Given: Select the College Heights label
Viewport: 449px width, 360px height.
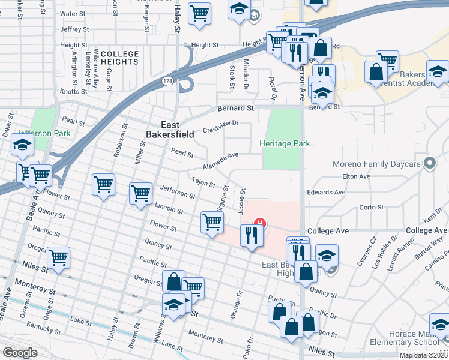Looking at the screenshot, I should point(119,58).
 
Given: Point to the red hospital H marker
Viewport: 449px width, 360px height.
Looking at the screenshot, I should point(259,224).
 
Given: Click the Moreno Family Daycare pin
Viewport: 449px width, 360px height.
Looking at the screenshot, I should point(429,163).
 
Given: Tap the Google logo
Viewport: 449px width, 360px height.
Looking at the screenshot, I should point(20,353).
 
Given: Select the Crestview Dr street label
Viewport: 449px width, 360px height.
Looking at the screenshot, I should point(221,127).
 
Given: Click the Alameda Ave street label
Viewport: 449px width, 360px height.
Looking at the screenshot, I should point(220,159).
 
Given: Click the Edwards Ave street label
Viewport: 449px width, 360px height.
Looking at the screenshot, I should point(326,193).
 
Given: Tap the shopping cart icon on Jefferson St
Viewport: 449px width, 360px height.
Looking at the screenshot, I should point(140,194).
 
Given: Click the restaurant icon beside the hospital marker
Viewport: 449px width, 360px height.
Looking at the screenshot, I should point(250,235).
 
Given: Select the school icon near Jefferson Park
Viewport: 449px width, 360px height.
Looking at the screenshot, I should point(23,145).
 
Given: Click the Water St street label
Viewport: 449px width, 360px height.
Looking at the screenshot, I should point(74,13).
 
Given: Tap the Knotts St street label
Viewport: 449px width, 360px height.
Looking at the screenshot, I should point(74,92).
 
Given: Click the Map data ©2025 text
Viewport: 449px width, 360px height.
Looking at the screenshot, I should point(423,355).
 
